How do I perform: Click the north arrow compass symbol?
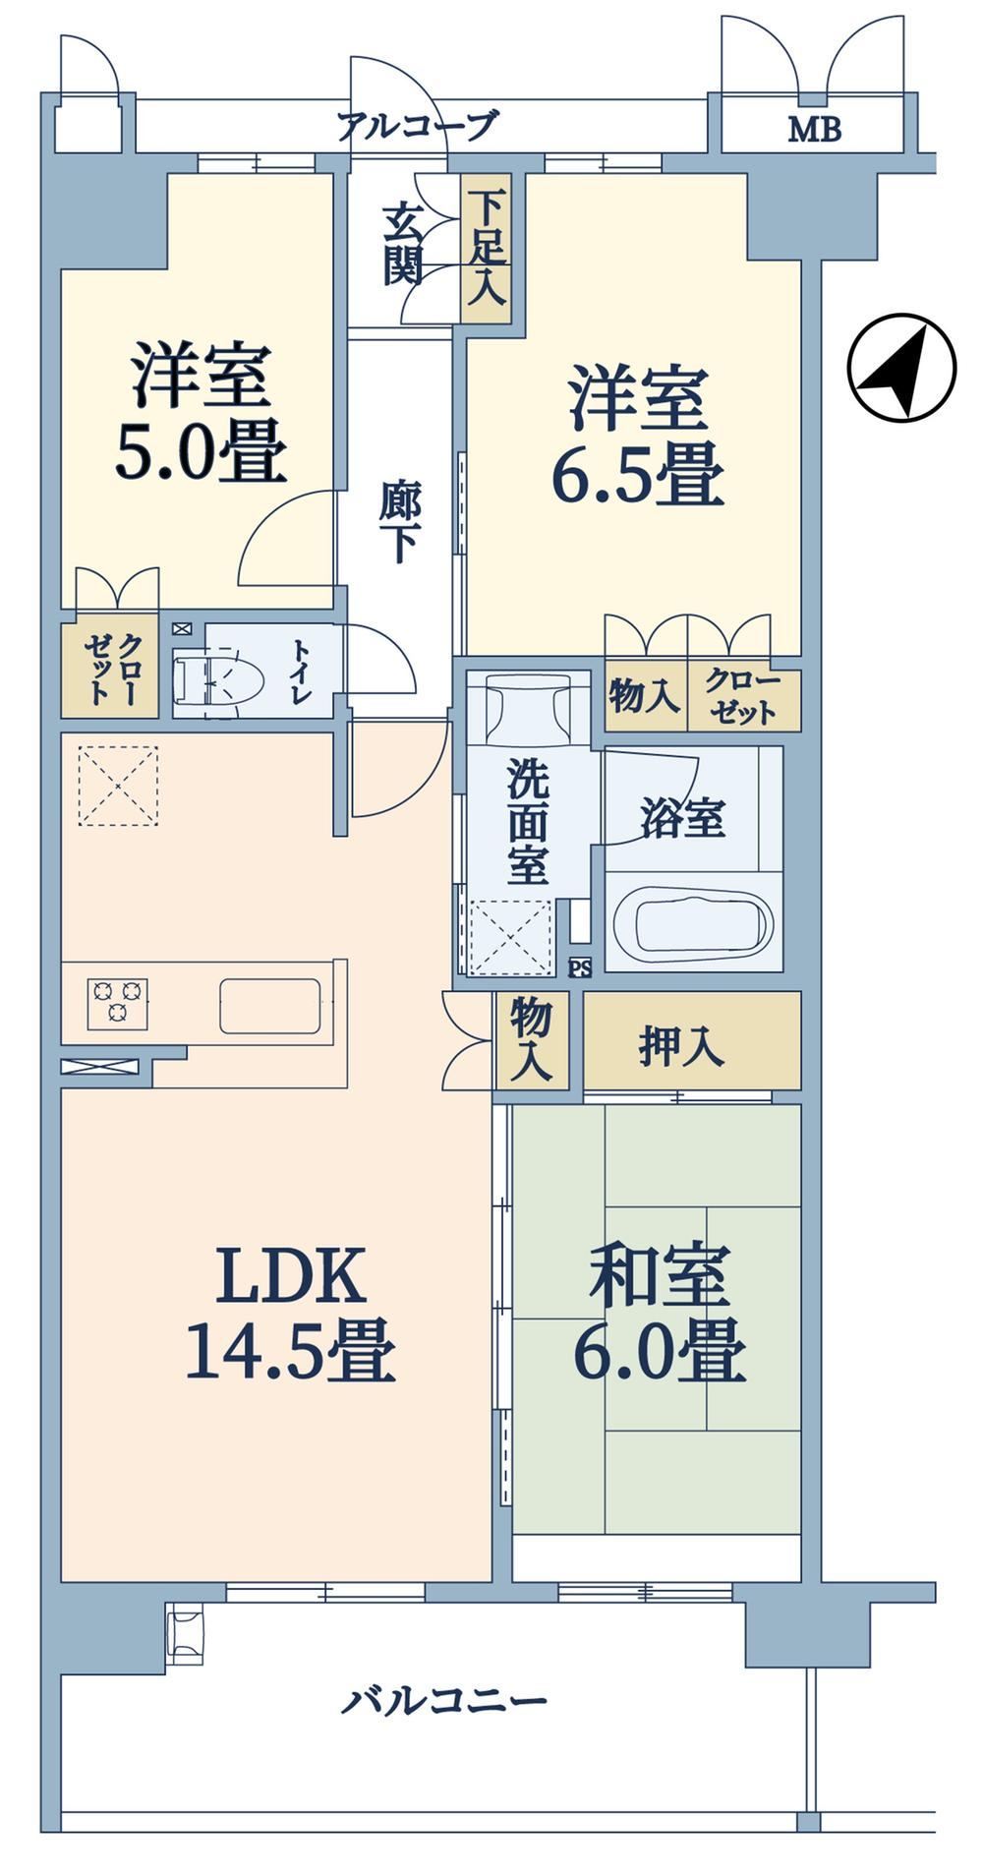tap(901, 368)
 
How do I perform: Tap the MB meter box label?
tap(814, 130)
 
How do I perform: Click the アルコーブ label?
tap(417, 126)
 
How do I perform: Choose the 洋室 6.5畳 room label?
tap(637, 435)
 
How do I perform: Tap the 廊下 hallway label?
tap(400, 525)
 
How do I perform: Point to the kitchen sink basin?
tap(269, 1005)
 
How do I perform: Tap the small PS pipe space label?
tap(580, 967)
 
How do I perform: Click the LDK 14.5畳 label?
tap(290, 1313)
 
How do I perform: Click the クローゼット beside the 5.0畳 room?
tap(108, 669)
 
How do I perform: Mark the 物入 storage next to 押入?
tap(532, 1040)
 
